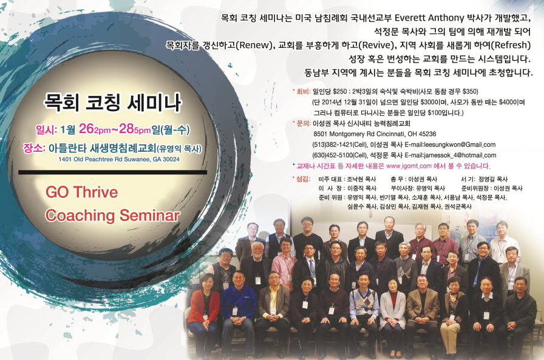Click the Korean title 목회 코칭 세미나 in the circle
(x=112, y=103)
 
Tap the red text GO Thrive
(x=81, y=192)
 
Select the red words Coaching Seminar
(x=112, y=216)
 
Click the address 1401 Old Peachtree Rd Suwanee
(x=104, y=160)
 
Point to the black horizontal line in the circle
(x=113, y=172)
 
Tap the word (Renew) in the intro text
(x=254, y=46)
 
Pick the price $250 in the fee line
(x=339, y=92)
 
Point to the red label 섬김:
(x=302, y=179)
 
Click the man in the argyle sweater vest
(x=364, y=305)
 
